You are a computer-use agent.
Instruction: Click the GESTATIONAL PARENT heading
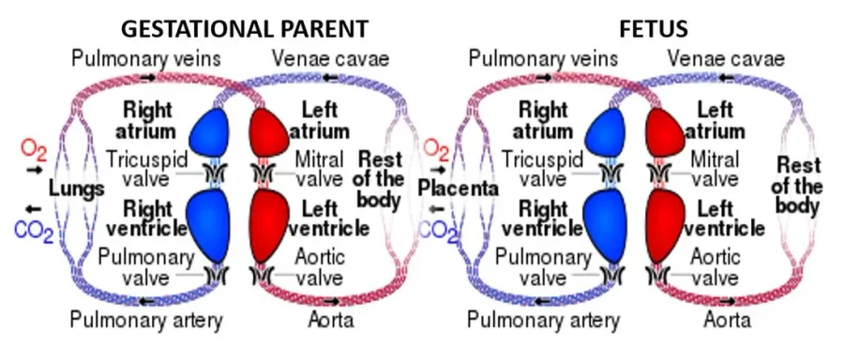pyautogui.click(x=245, y=28)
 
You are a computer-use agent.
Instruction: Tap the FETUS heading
pyautogui.click(x=654, y=28)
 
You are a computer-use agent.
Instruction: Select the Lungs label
pyautogui.click(x=77, y=189)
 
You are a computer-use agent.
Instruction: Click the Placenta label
pyautogui.click(x=459, y=188)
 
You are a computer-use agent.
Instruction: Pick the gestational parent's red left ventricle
pyautogui.click(x=270, y=224)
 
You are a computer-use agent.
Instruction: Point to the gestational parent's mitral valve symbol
pyautogui.click(x=263, y=173)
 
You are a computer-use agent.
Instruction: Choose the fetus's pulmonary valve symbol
pyautogui.click(x=612, y=276)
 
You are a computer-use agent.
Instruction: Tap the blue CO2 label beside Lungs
pyautogui.click(x=34, y=232)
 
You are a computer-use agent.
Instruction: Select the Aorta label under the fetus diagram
pyautogui.click(x=727, y=321)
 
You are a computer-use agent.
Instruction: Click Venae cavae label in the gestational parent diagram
pyautogui.click(x=330, y=59)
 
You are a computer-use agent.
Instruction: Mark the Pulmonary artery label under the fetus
pyautogui.click(x=543, y=321)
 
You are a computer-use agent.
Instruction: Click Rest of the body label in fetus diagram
pyautogui.click(x=799, y=187)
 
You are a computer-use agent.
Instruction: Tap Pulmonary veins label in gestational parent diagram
pyautogui.click(x=146, y=59)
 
